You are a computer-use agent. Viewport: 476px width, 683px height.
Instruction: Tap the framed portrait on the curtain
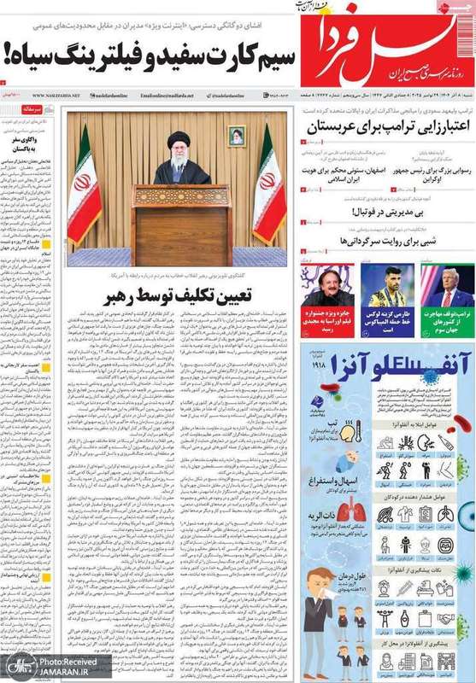tap(237, 136)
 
